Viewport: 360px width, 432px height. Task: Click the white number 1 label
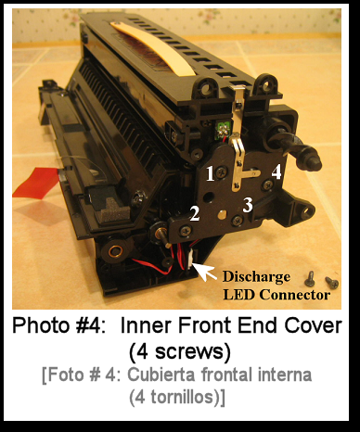coord(210,173)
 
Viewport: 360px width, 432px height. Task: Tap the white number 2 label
coord(194,213)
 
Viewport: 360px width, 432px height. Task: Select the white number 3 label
coord(248,205)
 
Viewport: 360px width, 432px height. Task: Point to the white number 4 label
coord(276,172)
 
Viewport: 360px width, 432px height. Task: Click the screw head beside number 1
coord(222,172)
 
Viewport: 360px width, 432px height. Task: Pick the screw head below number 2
coord(186,230)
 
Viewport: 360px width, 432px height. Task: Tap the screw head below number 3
coord(238,221)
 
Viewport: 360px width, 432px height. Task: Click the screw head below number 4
coord(267,184)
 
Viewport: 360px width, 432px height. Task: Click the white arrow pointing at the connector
coord(205,272)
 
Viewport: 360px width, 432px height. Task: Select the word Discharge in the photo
coord(256,277)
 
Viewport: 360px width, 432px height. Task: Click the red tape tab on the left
coord(35,183)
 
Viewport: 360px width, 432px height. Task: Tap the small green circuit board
coord(222,130)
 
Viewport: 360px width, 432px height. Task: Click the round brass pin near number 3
coord(222,215)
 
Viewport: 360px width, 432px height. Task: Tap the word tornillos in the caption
coord(183,397)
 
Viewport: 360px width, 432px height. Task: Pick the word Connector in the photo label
coord(295,295)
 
